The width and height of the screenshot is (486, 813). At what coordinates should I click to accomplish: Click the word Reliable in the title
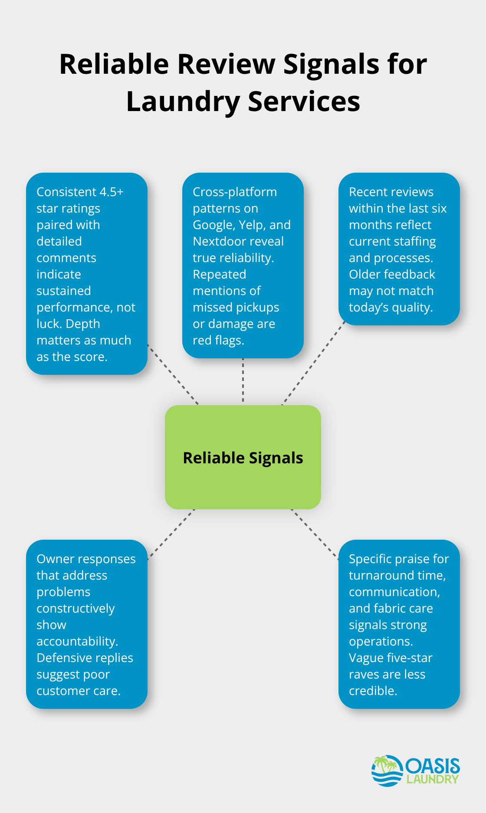114,64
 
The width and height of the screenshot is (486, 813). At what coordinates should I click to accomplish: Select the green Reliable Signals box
243,457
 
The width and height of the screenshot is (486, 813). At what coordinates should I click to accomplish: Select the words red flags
218,341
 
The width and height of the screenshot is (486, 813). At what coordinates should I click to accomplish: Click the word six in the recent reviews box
439,209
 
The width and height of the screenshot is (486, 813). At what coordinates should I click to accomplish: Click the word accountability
77,642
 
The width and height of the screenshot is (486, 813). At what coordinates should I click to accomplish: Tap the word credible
373,691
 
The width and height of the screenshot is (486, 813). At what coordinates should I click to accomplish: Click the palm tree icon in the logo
382,766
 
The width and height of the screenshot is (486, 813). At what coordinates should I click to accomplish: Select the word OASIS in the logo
433,766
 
